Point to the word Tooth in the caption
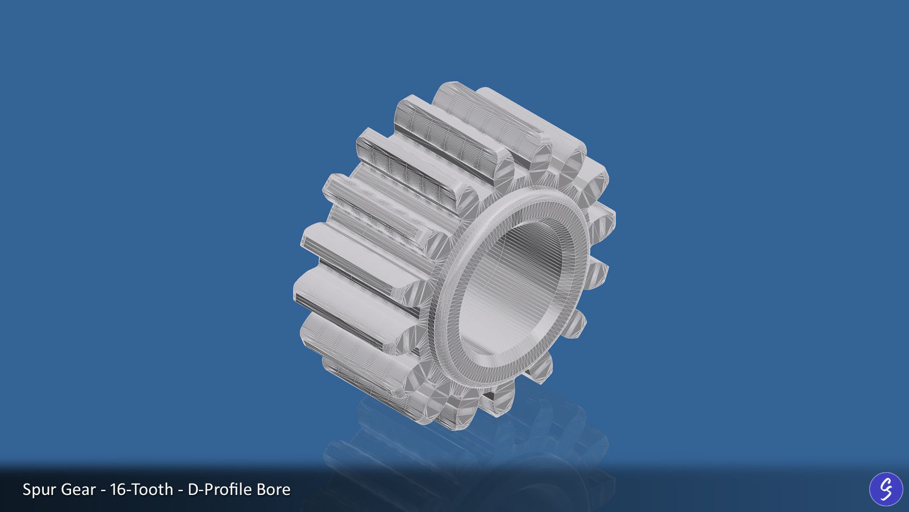pos(151,490)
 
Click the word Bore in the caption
pos(273,490)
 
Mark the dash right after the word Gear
pos(103,490)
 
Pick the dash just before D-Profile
pos(180,490)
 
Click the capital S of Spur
pos(27,490)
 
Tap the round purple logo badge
pos(886,489)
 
